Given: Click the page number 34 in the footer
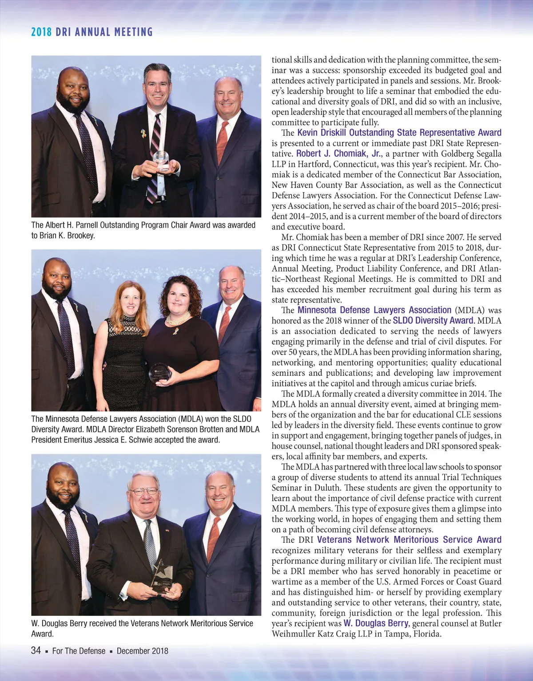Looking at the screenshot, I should coord(36,650).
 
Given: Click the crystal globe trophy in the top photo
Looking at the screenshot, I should coord(161,160).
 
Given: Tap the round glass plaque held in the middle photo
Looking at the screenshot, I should coord(160,373).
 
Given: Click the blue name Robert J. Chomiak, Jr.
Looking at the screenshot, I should coord(338,154).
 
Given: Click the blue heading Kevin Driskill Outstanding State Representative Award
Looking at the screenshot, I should coord(399,133).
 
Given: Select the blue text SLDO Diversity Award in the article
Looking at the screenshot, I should coord(433,320).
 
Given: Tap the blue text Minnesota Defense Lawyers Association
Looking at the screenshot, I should coord(374,310).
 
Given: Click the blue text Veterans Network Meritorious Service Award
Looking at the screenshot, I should coord(409,540).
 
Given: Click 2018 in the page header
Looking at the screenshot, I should coord(41,32).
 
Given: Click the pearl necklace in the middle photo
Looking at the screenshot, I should coord(178,319).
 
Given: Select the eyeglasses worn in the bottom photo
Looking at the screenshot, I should coord(143,491).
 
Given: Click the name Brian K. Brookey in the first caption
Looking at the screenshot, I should coord(67,236).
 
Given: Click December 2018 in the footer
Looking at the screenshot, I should coord(142,651).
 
